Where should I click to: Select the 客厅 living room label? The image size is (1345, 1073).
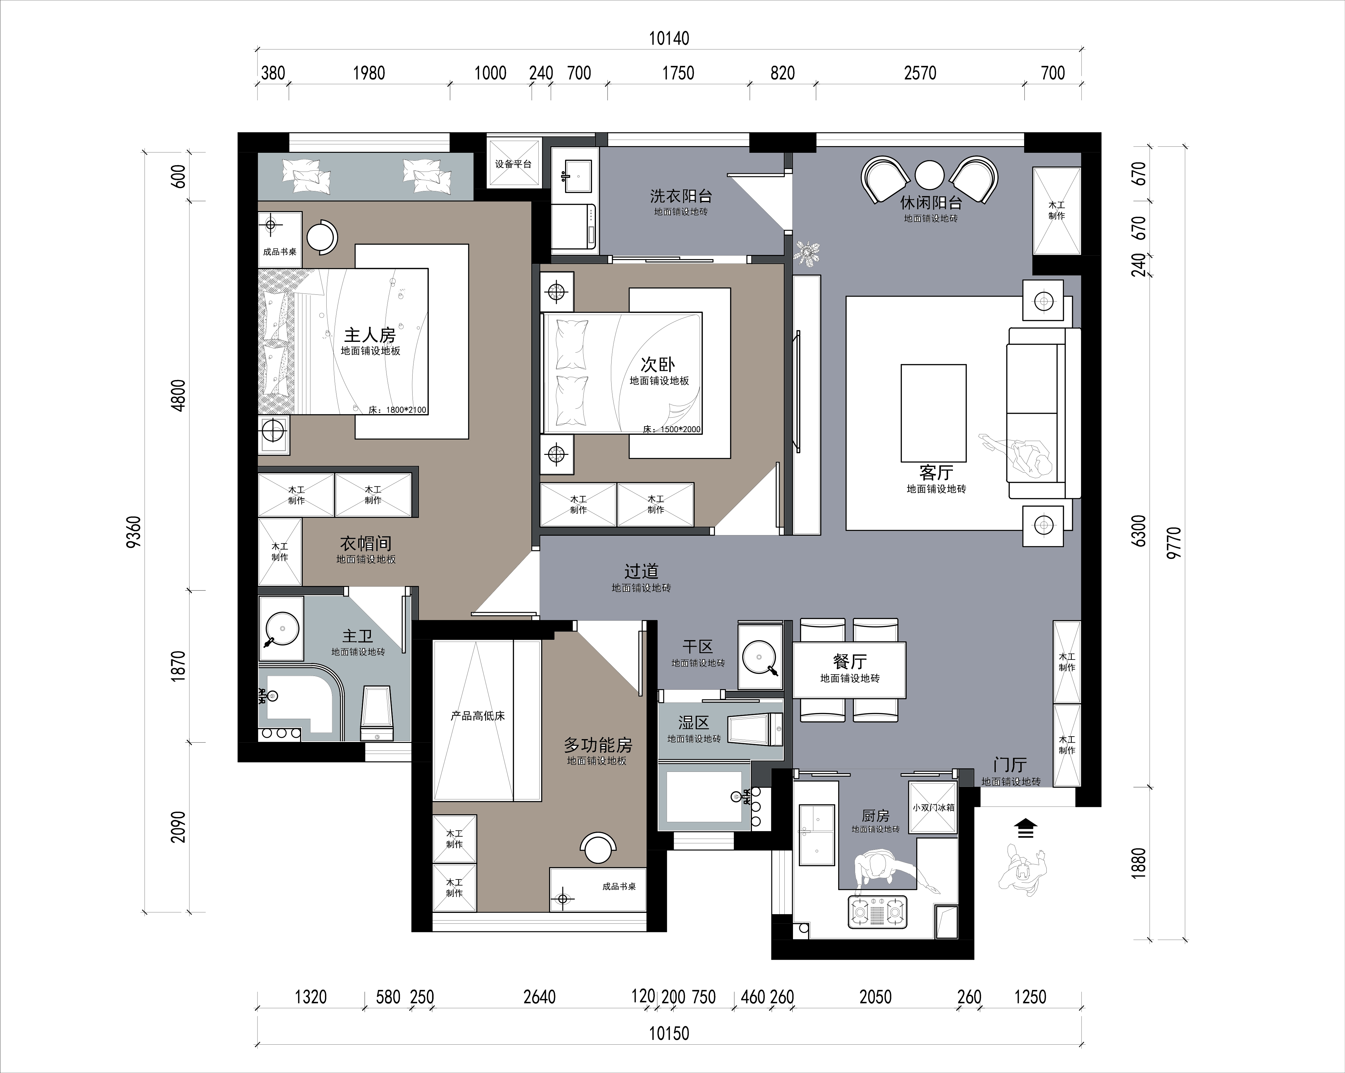pos(936,472)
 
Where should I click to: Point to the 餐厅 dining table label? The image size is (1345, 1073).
pos(850,661)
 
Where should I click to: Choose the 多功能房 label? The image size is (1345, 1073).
pos(598,745)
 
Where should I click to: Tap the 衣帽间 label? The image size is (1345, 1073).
pos(365,543)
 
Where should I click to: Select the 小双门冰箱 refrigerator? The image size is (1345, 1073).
pos(933,807)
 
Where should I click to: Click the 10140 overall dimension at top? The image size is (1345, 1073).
pos(669,39)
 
